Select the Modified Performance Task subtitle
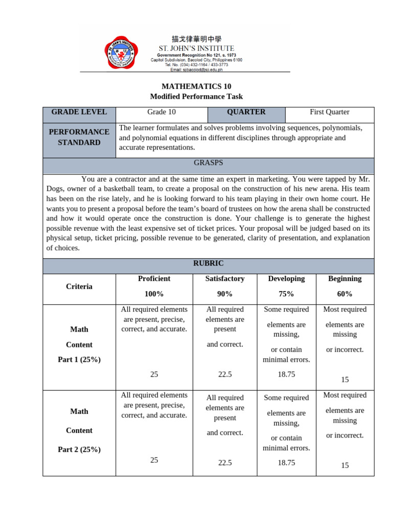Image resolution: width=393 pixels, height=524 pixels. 196,96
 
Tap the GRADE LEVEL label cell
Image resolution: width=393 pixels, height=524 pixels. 79,112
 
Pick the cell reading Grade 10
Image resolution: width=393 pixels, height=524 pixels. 161,112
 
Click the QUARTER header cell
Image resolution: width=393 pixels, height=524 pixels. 246,112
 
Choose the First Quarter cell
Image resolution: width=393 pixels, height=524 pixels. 330,112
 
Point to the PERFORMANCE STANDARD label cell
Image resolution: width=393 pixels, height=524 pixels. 79,137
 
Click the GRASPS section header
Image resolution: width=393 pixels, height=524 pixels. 208,163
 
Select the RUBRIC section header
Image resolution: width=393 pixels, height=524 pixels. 208,263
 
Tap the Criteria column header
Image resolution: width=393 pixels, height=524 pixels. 79,287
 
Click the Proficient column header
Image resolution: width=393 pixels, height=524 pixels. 154,278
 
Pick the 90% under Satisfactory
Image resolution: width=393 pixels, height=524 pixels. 225,294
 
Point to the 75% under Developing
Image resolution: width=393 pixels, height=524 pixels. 286,294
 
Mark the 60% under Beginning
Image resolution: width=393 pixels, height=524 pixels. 345,294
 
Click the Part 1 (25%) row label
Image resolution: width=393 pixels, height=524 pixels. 79,359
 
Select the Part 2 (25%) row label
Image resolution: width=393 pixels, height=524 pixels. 79,449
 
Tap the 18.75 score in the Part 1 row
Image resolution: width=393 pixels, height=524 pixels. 286,374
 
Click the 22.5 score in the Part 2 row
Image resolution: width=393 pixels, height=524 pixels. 225,463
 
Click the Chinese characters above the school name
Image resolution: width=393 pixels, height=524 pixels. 196,39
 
